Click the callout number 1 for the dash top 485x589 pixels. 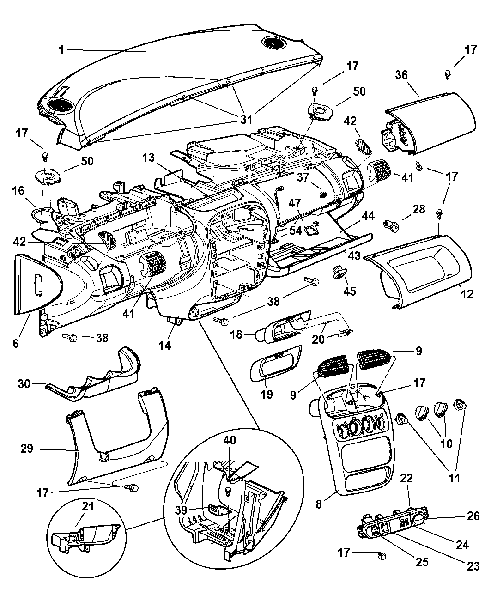(62, 49)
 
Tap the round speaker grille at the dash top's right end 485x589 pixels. (273, 43)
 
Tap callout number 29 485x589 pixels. (27, 448)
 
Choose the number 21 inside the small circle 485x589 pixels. (88, 506)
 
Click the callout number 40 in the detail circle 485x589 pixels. (230, 440)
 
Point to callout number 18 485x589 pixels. (236, 334)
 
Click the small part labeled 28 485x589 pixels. (392, 225)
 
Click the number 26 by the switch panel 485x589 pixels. (473, 516)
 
